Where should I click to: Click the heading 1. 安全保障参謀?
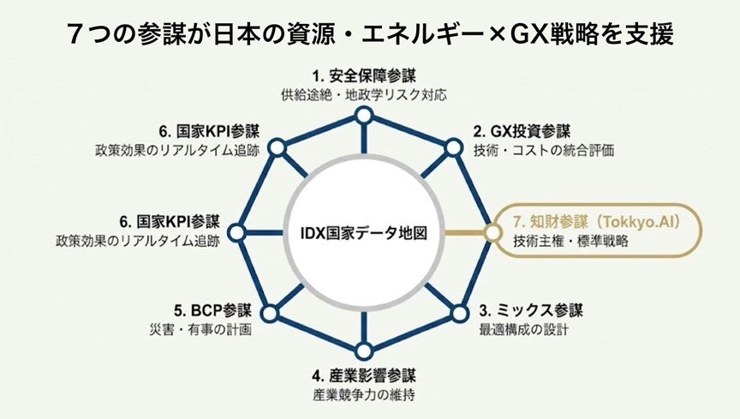click(x=364, y=75)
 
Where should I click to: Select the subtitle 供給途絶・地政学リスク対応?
click(x=364, y=95)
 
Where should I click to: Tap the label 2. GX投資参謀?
click(x=522, y=131)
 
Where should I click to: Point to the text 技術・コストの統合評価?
click(x=544, y=150)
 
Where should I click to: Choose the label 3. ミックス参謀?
click(x=531, y=310)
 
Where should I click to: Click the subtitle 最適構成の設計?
click(x=524, y=329)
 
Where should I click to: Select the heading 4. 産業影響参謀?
click(x=364, y=376)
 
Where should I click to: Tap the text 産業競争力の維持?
click(x=364, y=394)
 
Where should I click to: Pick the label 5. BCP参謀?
click(x=212, y=310)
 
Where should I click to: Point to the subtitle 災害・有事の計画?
click(x=200, y=329)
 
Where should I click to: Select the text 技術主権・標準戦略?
click(x=571, y=241)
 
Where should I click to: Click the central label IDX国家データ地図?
click(x=364, y=233)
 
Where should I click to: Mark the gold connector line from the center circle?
click(x=465, y=232)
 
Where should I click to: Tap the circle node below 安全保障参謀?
click(x=364, y=116)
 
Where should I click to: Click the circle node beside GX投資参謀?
click(x=453, y=148)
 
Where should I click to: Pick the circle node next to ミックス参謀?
click(x=460, y=314)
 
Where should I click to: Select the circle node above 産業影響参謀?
click(x=363, y=351)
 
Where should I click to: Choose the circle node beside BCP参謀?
click(x=270, y=314)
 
